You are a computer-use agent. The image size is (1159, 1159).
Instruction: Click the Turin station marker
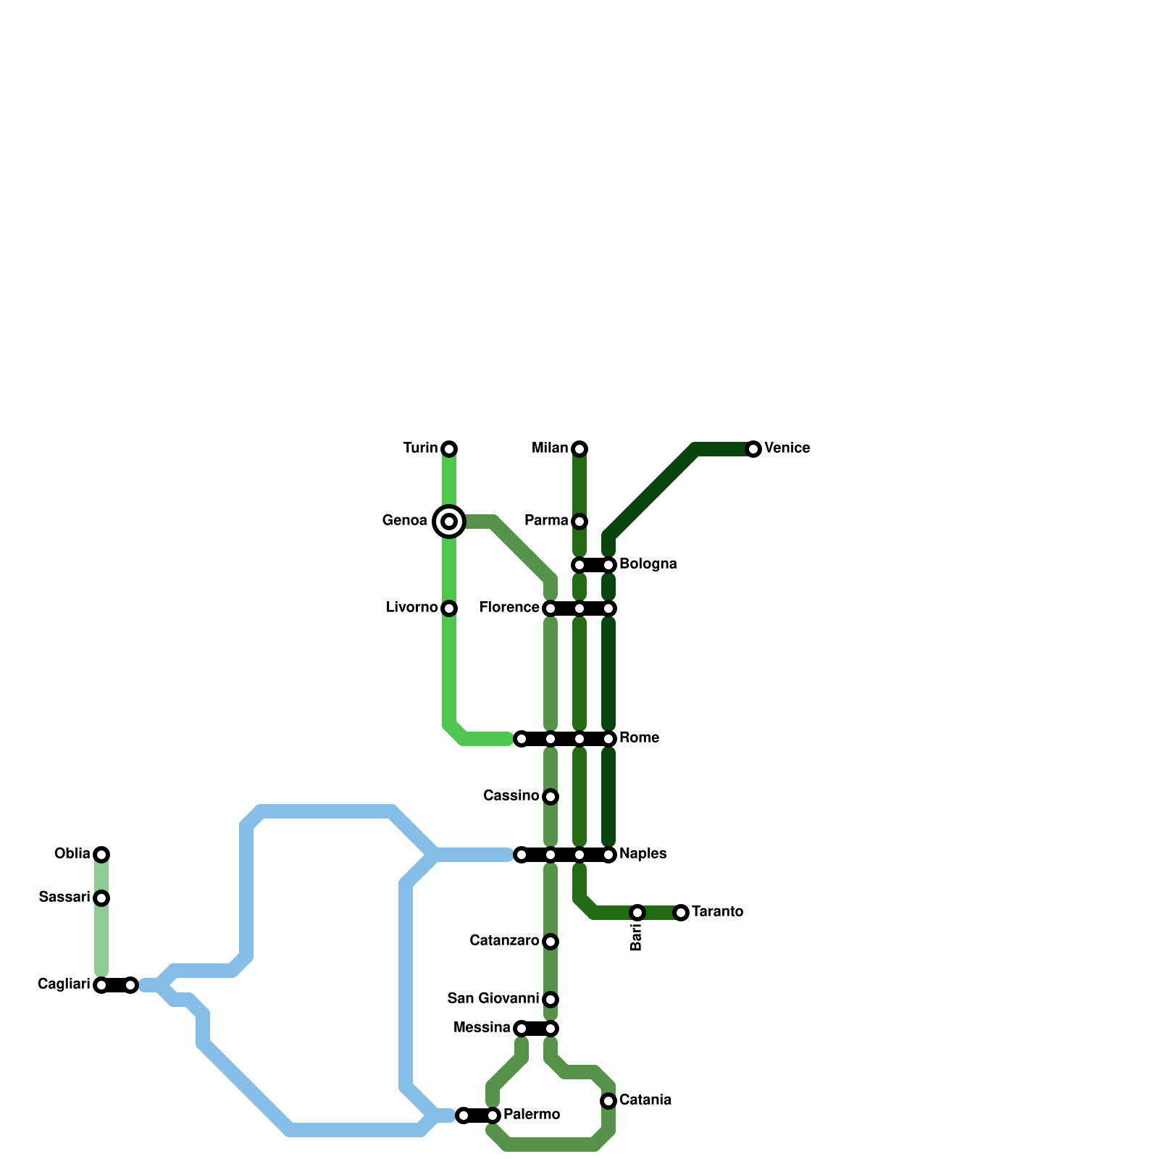449,449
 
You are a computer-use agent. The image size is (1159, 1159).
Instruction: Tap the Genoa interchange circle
449,522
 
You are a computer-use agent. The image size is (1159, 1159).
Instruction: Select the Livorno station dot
449,608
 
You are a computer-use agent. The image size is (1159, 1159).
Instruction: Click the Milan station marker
579,449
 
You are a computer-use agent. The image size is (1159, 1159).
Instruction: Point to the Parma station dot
579,522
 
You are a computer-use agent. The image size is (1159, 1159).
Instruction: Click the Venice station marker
753,449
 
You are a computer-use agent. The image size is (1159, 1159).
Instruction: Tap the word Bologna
648,564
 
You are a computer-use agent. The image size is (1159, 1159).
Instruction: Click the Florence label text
509,608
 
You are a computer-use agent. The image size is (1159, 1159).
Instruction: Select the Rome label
639,738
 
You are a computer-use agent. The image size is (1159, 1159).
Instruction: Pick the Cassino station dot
551,797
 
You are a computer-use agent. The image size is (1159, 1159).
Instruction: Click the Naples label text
643,854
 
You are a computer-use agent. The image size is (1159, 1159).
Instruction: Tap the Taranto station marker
681,913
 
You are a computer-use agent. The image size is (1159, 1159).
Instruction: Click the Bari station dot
637,913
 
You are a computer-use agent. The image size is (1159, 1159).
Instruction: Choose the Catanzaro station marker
551,942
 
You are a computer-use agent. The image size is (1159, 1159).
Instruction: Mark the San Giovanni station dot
551,1000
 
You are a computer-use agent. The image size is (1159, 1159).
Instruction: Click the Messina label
482,1028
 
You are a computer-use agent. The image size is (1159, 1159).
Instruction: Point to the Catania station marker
608,1101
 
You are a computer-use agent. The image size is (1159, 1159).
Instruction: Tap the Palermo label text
531,1115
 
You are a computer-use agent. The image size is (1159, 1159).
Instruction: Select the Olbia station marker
101,855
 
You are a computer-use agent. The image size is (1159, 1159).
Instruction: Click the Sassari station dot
101,898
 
